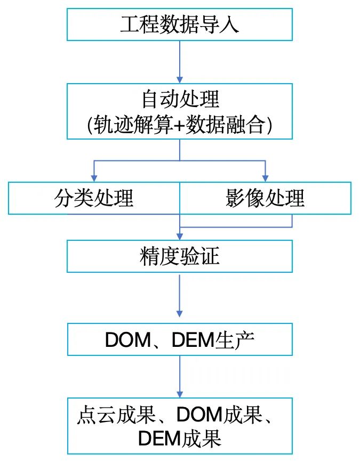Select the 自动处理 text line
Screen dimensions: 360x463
click(181, 99)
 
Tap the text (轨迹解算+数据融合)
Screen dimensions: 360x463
click(179, 125)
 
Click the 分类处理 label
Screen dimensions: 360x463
click(94, 198)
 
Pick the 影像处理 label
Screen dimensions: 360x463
click(265, 198)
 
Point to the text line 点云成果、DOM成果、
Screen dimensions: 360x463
click(174, 415)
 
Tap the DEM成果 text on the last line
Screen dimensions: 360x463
click(180, 438)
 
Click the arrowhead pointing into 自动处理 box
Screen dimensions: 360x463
click(179, 80)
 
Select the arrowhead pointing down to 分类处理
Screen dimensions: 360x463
click(94, 178)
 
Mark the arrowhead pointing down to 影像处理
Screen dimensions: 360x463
click(265, 178)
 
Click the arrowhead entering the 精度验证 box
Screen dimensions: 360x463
click(179, 236)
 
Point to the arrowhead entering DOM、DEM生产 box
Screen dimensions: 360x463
click(179, 314)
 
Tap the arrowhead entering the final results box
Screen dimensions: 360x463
click(179, 394)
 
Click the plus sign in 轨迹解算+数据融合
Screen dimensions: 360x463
click(179, 125)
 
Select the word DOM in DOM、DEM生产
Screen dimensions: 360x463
click(128, 340)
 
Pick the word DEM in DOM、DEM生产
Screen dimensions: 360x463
click(194, 340)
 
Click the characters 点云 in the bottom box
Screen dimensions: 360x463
click(97, 415)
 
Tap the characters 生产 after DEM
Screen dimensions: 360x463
click(235, 339)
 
